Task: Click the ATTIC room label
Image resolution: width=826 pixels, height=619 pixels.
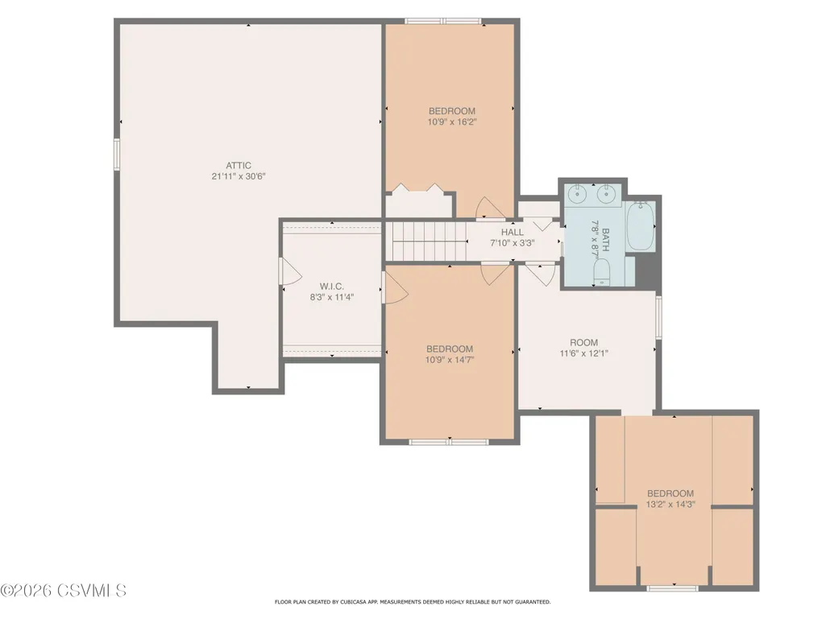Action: pyautogui.click(x=239, y=165)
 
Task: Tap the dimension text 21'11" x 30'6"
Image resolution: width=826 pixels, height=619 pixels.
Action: pyautogui.click(x=239, y=177)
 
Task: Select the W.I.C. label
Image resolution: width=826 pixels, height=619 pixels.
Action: pyautogui.click(x=332, y=287)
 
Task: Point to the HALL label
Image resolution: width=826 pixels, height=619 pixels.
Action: pyautogui.click(x=513, y=232)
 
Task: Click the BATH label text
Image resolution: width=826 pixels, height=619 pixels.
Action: pyautogui.click(x=606, y=240)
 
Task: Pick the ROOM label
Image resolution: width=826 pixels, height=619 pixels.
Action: pyautogui.click(x=584, y=342)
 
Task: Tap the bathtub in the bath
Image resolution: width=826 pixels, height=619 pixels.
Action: pyautogui.click(x=641, y=226)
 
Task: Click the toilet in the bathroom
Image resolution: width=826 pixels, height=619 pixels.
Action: pyautogui.click(x=602, y=274)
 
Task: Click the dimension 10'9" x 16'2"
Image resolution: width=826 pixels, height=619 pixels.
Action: pyautogui.click(x=452, y=122)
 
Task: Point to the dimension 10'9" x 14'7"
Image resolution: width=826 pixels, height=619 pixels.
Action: pyautogui.click(x=450, y=360)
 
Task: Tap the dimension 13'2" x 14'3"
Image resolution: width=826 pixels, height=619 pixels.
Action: pyautogui.click(x=670, y=504)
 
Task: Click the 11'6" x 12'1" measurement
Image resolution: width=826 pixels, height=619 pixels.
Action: pyautogui.click(x=584, y=353)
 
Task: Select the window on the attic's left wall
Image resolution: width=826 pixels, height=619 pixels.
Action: pyautogui.click(x=117, y=155)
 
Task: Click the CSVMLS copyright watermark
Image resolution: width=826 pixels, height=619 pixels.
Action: pyautogui.click(x=63, y=591)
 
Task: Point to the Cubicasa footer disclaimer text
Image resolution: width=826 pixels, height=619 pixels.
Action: pyautogui.click(x=413, y=601)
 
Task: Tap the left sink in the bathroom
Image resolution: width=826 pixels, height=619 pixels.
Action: pyautogui.click(x=578, y=193)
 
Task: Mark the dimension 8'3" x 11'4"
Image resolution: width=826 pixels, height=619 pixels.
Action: pyautogui.click(x=332, y=297)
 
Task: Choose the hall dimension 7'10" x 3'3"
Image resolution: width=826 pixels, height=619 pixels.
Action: pyautogui.click(x=513, y=243)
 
